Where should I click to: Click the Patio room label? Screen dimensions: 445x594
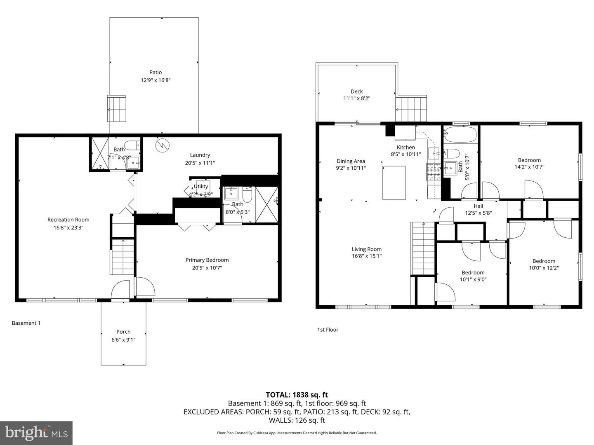click(x=156, y=73)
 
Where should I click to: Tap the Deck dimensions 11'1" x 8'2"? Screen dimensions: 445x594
click(x=356, y=98)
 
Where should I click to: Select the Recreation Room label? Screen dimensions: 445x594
click(x=68, y=220)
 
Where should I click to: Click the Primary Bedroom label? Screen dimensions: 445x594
click(x=207, y=260)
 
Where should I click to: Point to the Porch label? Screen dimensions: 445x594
click(x=123, y=332)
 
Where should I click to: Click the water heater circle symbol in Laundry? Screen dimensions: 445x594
click(x=162, y=145)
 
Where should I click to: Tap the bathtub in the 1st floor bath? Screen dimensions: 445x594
click(x=460, y=134)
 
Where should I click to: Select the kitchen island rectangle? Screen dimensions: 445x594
click(x=394, y=183)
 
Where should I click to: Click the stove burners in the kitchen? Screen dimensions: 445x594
click(x=434, y=172)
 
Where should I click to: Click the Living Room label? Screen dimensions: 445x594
click(x=366, y=249)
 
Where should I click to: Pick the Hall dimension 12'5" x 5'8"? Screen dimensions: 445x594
click(x=478, y=213)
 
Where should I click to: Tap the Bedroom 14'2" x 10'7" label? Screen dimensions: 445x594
click(x=529, y=160)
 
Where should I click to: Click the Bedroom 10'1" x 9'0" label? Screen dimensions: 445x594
click(x=473, y=272)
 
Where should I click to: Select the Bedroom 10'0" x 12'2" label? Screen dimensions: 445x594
click(x=544, y=261)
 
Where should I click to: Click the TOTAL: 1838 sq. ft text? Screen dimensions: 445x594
click(x=297, y=395)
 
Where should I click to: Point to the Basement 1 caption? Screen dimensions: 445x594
click(x=26, y=323)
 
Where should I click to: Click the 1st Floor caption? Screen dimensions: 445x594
click(x=328, y=330)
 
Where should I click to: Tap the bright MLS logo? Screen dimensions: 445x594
click(x=36, y=433)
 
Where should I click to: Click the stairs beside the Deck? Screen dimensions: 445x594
click(x=411, y=109)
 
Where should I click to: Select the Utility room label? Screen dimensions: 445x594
click(x=201, y=187)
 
